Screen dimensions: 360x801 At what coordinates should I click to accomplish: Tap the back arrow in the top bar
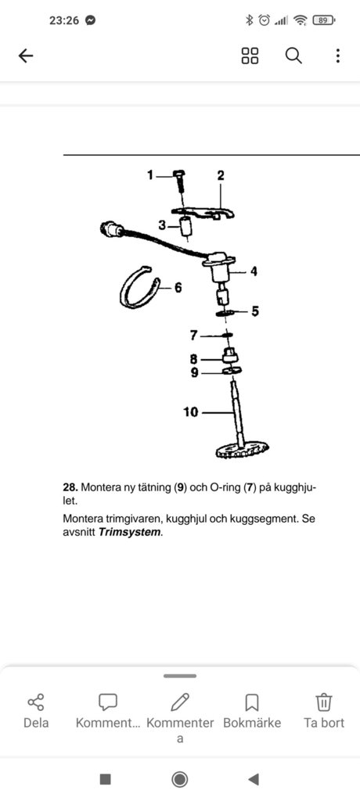click(x=26, y=56)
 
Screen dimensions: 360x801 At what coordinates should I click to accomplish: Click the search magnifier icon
click(x=293, y=56)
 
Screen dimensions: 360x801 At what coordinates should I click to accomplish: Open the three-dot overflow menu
click(x=337, y=56)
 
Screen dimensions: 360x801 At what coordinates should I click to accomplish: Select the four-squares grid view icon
click(x=250, y=56)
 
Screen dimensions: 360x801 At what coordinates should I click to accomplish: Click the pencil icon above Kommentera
click(x=180, y=702)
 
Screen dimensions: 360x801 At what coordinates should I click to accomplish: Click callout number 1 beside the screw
click(x=149, y=176)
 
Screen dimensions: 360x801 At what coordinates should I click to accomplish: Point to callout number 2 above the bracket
click(x=221, y=176)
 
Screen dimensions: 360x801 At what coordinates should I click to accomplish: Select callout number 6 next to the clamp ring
click(x=178, y=288)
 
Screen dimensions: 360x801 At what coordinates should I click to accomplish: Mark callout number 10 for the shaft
click(x=190, y=411)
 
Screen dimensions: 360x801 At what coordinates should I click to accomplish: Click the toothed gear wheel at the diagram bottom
click(x=243, y=450)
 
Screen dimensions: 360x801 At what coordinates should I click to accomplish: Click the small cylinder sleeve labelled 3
click(x=186, y=225)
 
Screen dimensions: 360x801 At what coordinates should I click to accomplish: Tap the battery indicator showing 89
click(x=323, y=20)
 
